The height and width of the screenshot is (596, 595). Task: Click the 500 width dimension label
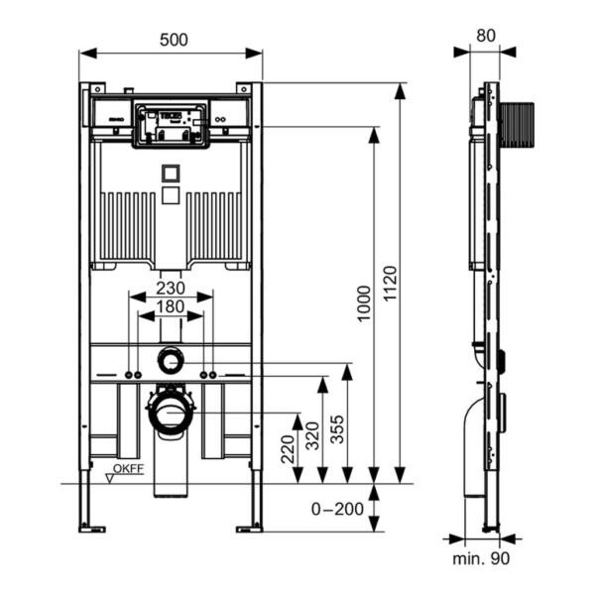coord(172,39)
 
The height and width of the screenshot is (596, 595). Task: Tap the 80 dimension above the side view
coord(485,35)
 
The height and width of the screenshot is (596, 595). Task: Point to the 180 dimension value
coord(171,308)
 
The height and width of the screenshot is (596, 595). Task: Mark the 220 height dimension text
coord(287,449)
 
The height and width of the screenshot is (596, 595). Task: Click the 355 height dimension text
coord(336,423)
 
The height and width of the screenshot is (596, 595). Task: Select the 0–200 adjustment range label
coord(333,509)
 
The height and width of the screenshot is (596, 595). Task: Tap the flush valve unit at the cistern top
coord(172,123)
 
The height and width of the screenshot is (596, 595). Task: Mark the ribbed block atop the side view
coord(516,125)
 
